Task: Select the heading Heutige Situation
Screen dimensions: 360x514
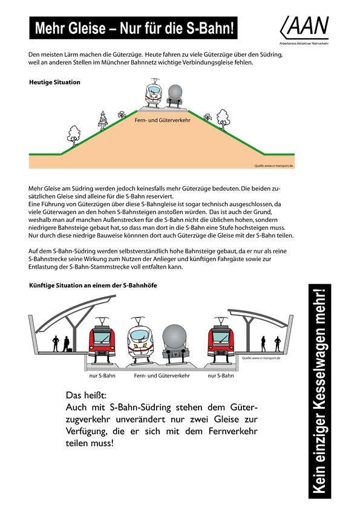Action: pyautogui.click(x=54, y=82)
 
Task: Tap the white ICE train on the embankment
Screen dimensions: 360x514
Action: pyautogui.click(x=153, y=95)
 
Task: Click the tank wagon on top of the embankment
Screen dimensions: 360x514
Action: pyautogui.click(x=175, y=96)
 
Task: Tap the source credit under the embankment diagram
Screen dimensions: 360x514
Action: pyautogui.click(x=273, y=165)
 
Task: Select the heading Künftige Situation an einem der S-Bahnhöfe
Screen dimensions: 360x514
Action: pyautogui.click(x=93, y=285)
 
